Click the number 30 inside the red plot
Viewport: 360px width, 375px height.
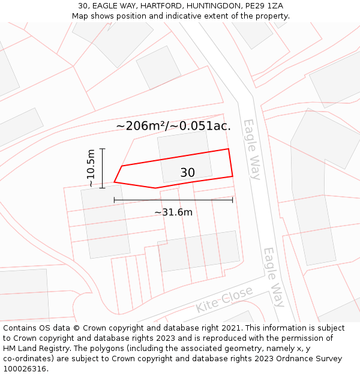pyautogui.click(x=187, y=173)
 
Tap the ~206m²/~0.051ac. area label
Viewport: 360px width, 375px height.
pyautogui.click(x=173, y=126)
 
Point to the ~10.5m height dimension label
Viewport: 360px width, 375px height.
pyautogui.click(x=91, y=168)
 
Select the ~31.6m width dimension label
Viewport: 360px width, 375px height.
pyautogui.click(x=173, y=212)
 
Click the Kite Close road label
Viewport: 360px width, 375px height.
pyautogui.click(x=224, y=299)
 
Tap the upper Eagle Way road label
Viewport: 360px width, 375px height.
pyautogui.click(x=252, y=149)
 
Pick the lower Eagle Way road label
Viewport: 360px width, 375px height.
pyautogui.click(x=274, y=277)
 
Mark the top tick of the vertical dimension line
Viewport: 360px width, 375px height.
pyautogui.click(x=103, y=148)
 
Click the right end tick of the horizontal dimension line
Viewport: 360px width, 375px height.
pyautogui.click(x=233, y=200)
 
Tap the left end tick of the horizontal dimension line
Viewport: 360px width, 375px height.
pyautogui.click(x=114, y=200)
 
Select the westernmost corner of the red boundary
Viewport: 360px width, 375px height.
pyautogui.click(x=115, y=182)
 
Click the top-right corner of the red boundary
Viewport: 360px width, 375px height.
pyautogui.click(x=229, y=149)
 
